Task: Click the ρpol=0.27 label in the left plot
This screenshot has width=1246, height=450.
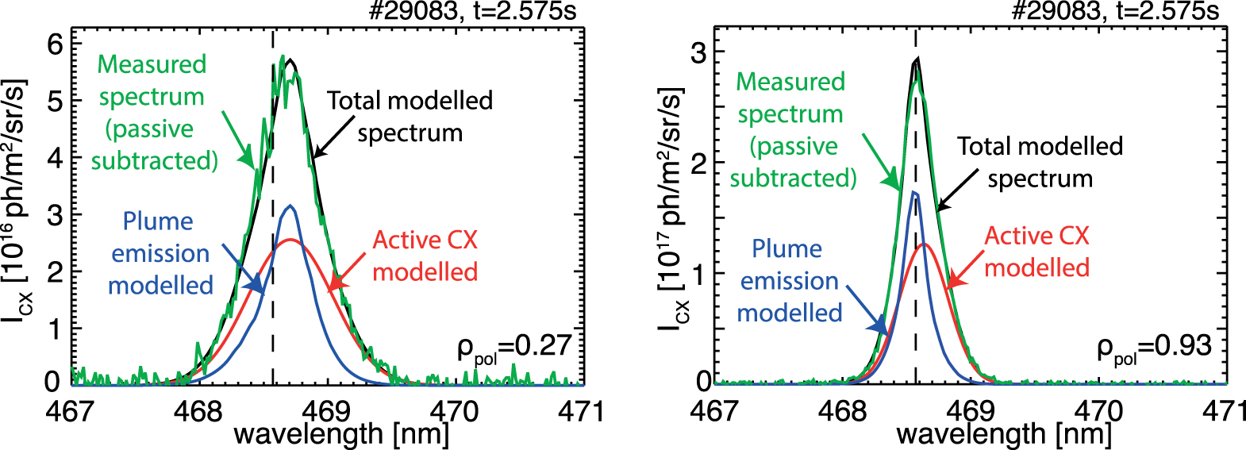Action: point(514,348)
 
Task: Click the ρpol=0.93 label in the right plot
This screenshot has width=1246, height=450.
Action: point(1154,348)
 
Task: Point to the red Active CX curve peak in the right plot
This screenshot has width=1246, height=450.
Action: point(925,244)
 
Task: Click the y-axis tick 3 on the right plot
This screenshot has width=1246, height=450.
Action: point(697,53)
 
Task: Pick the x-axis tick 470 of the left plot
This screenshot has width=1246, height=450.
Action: point(455,410)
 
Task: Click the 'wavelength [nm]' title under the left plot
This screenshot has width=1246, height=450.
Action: point(341,434)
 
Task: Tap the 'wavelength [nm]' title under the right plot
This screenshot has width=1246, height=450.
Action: point(1004,434)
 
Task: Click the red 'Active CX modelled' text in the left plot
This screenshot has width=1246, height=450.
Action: point(425,256)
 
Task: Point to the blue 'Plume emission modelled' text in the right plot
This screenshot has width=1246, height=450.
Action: point(789,281)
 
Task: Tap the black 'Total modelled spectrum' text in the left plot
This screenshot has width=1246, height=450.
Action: point(410,116)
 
